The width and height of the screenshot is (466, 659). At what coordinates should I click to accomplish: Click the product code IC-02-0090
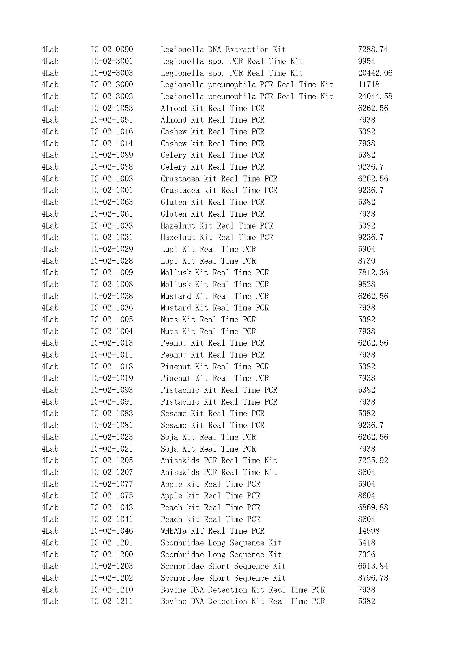tap(112, 49)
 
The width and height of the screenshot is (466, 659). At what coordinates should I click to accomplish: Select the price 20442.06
tap(375, 73)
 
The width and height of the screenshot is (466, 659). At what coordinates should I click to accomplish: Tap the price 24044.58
tap(375, 96)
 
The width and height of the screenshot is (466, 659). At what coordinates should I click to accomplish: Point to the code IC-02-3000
tap(112, 85)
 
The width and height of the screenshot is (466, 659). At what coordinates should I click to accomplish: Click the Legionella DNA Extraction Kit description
tap(223, 49)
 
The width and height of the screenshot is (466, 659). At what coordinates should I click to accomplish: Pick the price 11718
tap(369, 85)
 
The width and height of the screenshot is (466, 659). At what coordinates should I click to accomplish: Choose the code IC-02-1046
tap(112, 531)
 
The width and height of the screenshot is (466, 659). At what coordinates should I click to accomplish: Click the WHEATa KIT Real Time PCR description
tap(212, 531)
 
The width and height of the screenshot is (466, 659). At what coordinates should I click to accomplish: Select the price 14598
tap(369, 531)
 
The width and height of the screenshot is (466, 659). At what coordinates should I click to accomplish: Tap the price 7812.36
tap(373, 272)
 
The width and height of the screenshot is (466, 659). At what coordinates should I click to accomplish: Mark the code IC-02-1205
tap(112, 460)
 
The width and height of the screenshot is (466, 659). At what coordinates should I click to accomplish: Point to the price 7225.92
tap(373, 460)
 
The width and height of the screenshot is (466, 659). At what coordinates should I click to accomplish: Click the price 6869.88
tap(373, 507)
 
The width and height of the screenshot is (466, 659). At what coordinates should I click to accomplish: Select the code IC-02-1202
tap(112, 578)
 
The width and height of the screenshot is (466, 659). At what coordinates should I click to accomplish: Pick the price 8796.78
tap(373, 578)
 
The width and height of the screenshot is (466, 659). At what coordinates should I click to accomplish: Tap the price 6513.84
tap(373, 566)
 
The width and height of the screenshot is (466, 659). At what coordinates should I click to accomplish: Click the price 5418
tap(367, 542)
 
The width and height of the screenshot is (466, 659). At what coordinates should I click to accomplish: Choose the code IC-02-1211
tap(112, 601)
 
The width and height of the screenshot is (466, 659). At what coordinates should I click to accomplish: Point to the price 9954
tap(367, 61)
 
